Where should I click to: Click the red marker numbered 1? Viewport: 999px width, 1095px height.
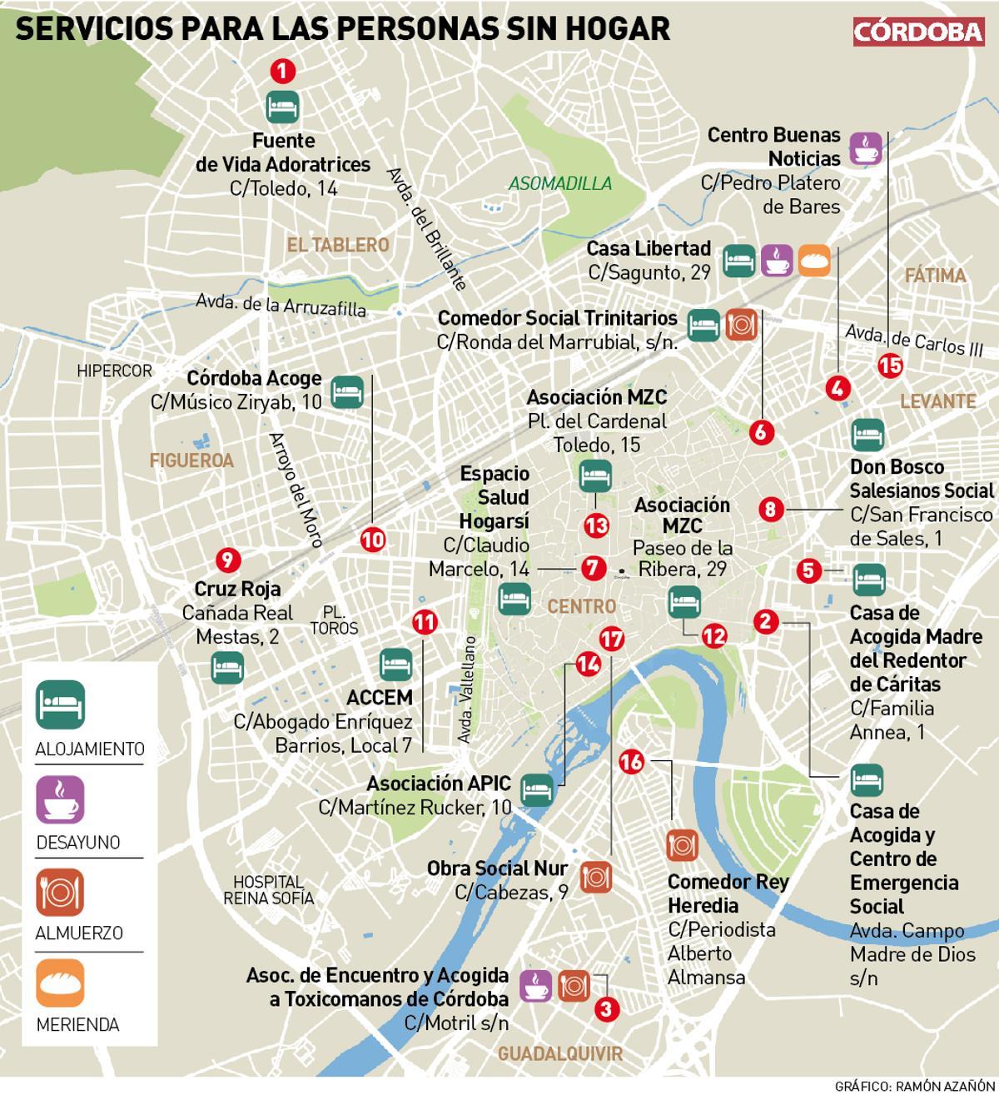pos(283,72)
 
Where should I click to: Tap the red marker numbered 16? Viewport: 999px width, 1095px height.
pos(632,761)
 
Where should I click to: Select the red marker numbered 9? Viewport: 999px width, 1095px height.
pos(226,559)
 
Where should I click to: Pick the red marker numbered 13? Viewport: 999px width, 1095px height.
pos(596,525)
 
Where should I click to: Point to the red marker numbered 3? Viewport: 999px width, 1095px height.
pos(607,1009)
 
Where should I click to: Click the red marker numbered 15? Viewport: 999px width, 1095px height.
pos(889,365)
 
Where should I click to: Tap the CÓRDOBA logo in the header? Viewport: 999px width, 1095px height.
pos(919,31)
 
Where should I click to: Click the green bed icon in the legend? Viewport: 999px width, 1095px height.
pos(59,704)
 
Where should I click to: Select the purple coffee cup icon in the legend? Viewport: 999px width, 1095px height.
pos(59,799)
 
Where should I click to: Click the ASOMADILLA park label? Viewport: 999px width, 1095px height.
pos(560,184)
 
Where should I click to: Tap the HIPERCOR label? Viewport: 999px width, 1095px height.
pos(115,371)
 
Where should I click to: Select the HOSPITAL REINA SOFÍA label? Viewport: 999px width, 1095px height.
pos(269,889)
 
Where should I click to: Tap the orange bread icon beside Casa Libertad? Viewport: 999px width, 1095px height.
pos(814,261)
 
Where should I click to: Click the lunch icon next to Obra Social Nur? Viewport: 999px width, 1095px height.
pos(596,875)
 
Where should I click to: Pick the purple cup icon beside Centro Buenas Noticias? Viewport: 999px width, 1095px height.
pos(865,148)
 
